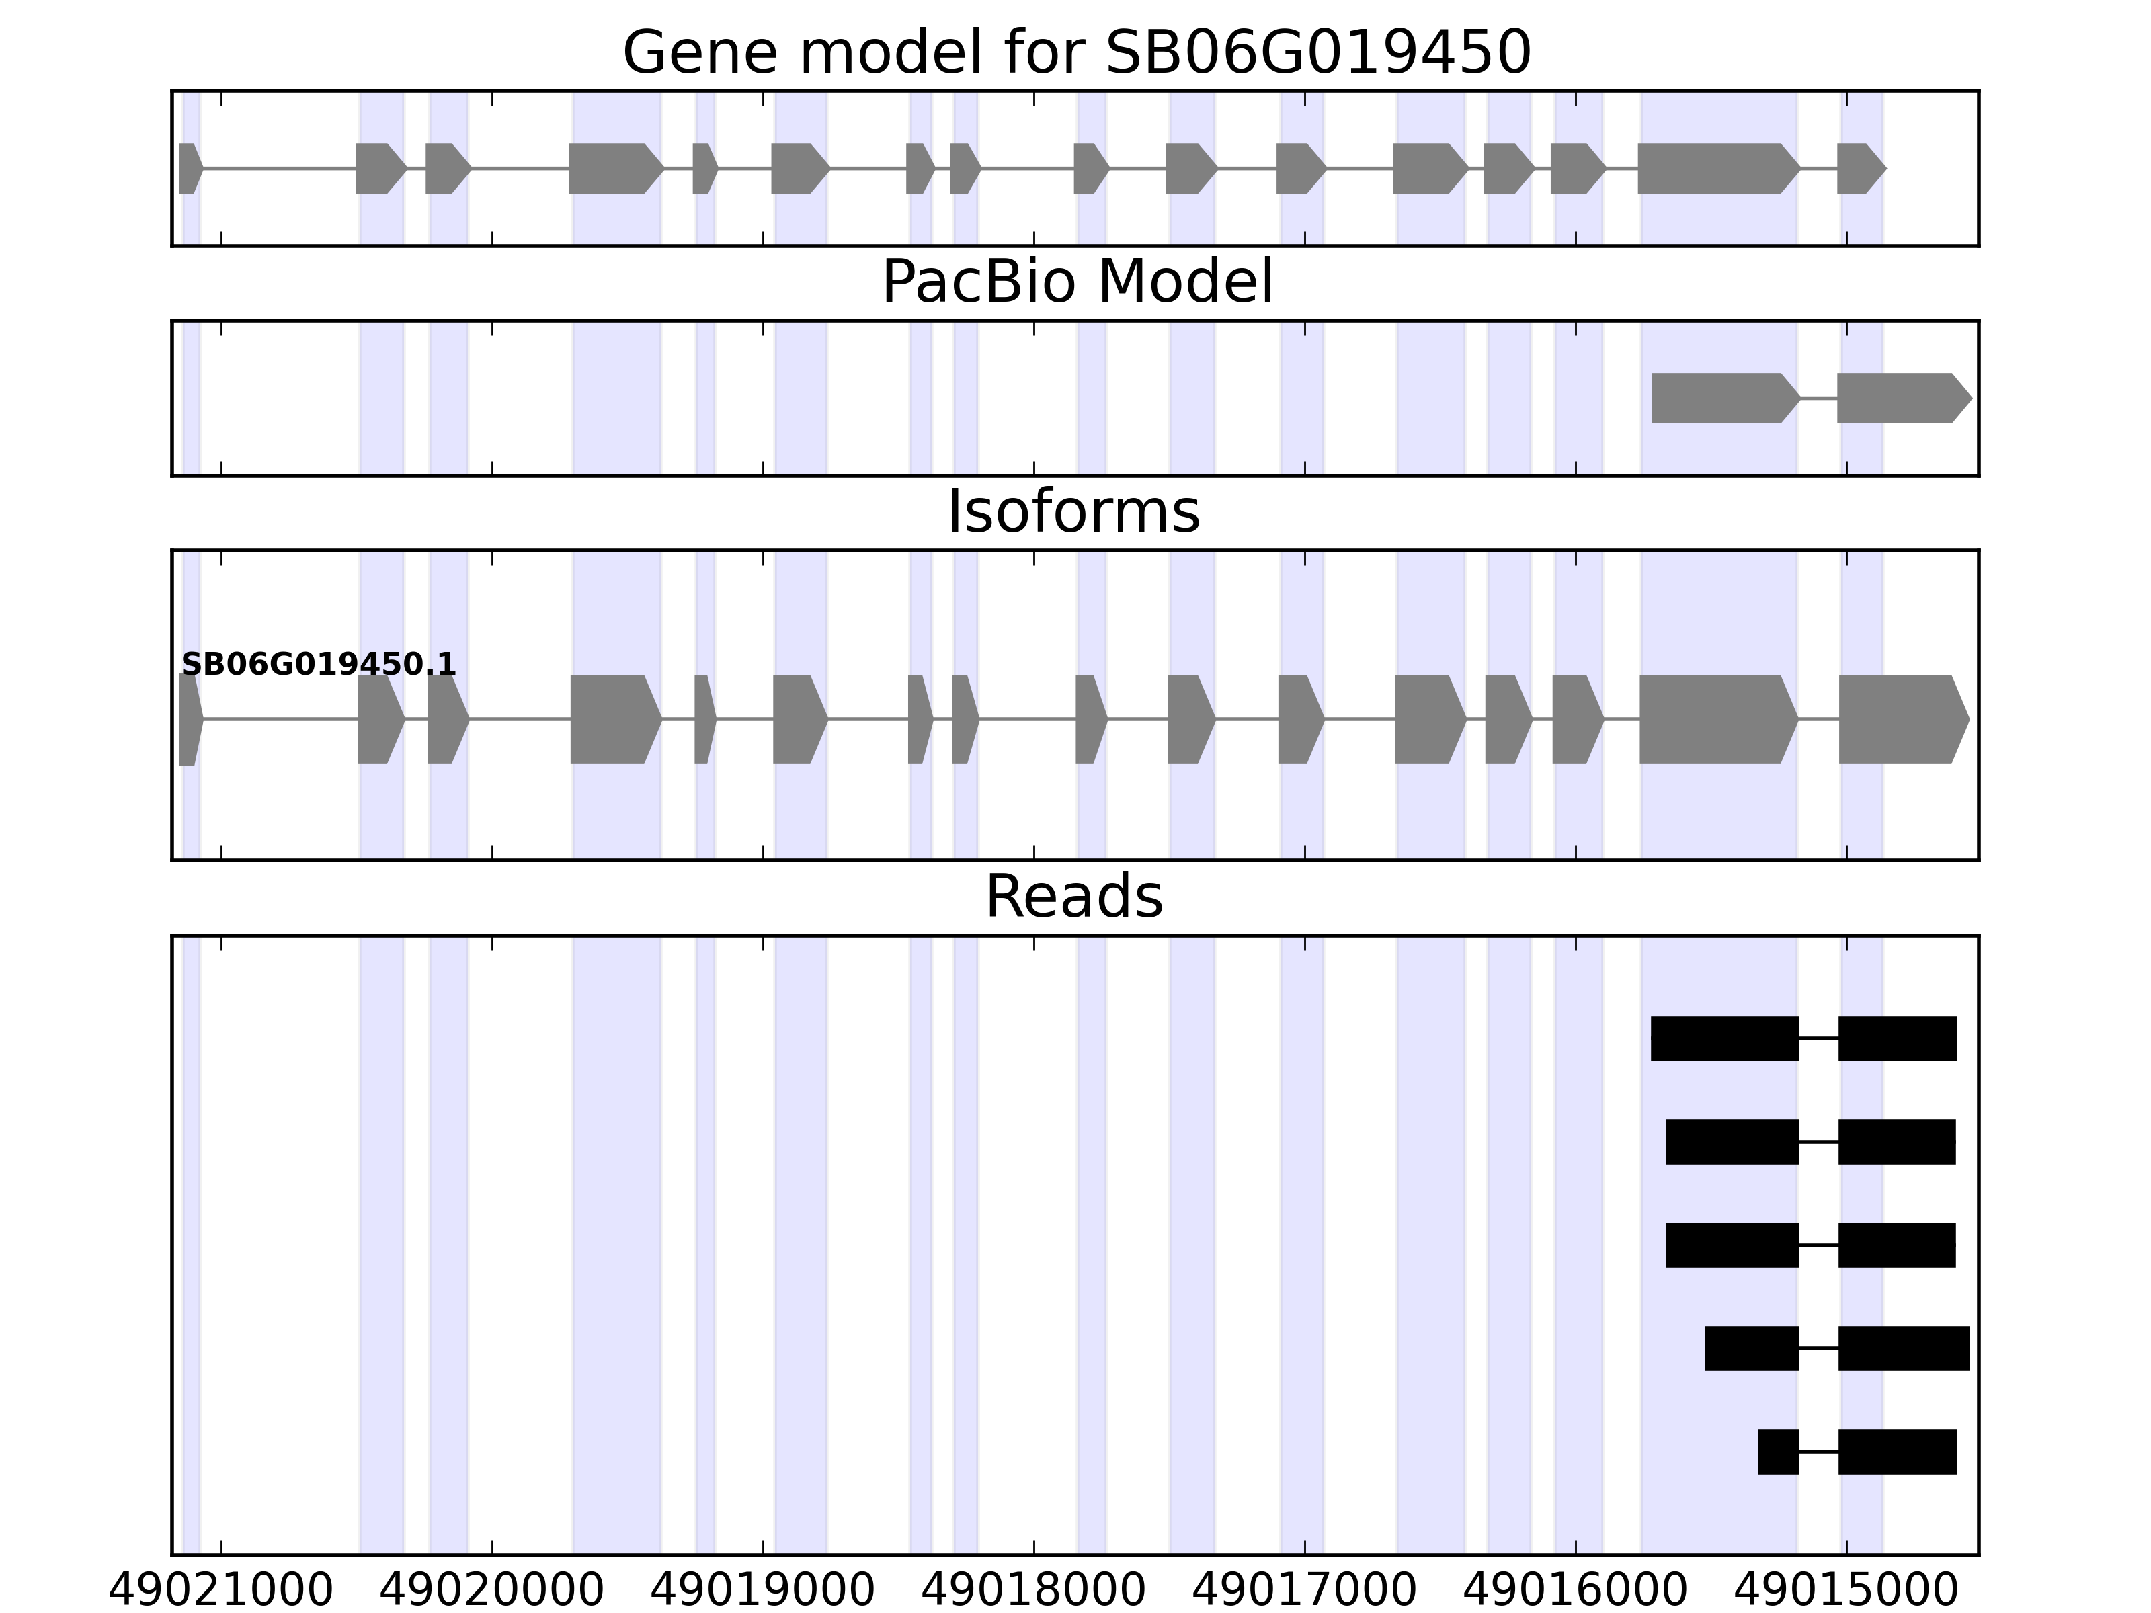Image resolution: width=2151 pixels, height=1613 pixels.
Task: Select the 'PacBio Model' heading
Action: click(1075, 283)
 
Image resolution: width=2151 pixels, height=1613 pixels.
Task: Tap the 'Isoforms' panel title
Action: click(1073, 512)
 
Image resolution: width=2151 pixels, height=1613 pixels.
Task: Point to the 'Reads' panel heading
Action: click(1073, 897)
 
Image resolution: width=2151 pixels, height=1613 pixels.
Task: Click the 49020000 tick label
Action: click(491, 1591)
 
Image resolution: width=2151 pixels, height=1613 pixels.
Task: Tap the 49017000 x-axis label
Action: click(1304, 1591)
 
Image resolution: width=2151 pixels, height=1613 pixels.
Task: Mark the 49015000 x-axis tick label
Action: click(1846, 1591)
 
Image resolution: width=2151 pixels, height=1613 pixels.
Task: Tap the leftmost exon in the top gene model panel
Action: click(190, 168)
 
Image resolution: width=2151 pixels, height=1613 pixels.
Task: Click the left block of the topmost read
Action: click(1724, 1038)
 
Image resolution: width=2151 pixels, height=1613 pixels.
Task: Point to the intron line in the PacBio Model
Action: click(1818, 399)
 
